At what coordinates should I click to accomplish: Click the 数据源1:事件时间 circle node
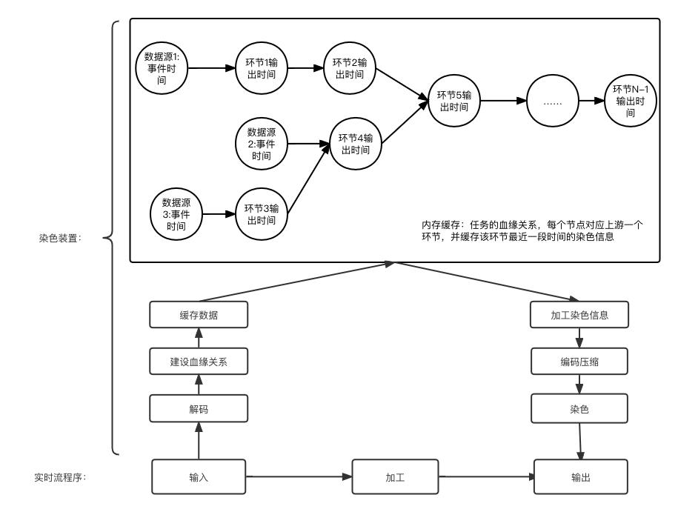pyautogui.click(x=162, y=68)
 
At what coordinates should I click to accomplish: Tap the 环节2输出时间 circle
pyautogui.click(x=349, y=68)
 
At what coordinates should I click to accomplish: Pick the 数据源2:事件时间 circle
pyautogui.click(x=260, y=143)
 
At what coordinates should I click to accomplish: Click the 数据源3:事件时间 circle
pyautogui.click(x=176, y=214)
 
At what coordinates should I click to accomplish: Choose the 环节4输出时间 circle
pyautogui.click(x=355, y=143)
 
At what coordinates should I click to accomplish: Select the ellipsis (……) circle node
pyautogui.click(x=552, y=102)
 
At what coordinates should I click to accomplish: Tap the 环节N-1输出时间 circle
pyautogui.click(x=631, y=102)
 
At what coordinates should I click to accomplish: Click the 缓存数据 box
pyautogui.click(x=198, y=314)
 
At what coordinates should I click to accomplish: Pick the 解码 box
pyautogui.click(x=198, y=408)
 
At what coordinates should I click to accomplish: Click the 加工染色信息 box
pyautogui.click(x=579, y=314)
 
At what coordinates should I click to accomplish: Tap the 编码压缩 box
pyautogui.click(x=579, y=361)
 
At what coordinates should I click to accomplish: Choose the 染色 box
pyautogui.click(x=579, y=408)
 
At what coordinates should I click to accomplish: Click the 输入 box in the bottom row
pyautogui.click(x=198, y=476)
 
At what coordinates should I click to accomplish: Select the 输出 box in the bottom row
pyautogui.click(x=581, y=476)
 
